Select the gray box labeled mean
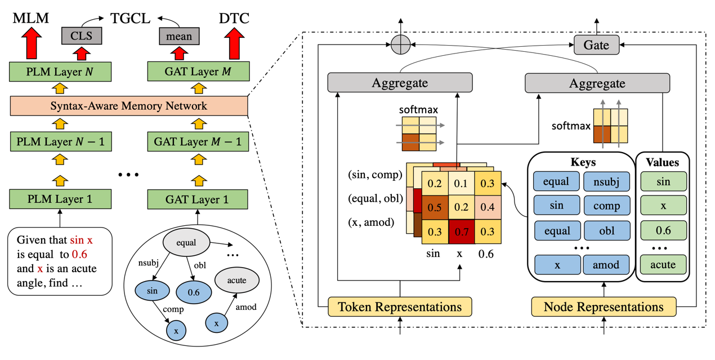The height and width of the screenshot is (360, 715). point(179,37)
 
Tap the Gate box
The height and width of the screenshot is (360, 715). point(596,45)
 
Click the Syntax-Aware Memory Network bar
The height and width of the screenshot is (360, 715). point(128,105)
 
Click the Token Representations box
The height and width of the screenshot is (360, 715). point(399,307)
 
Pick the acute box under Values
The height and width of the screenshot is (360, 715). point(663,264)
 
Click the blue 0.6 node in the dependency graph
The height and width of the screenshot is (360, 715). point(194,291)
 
